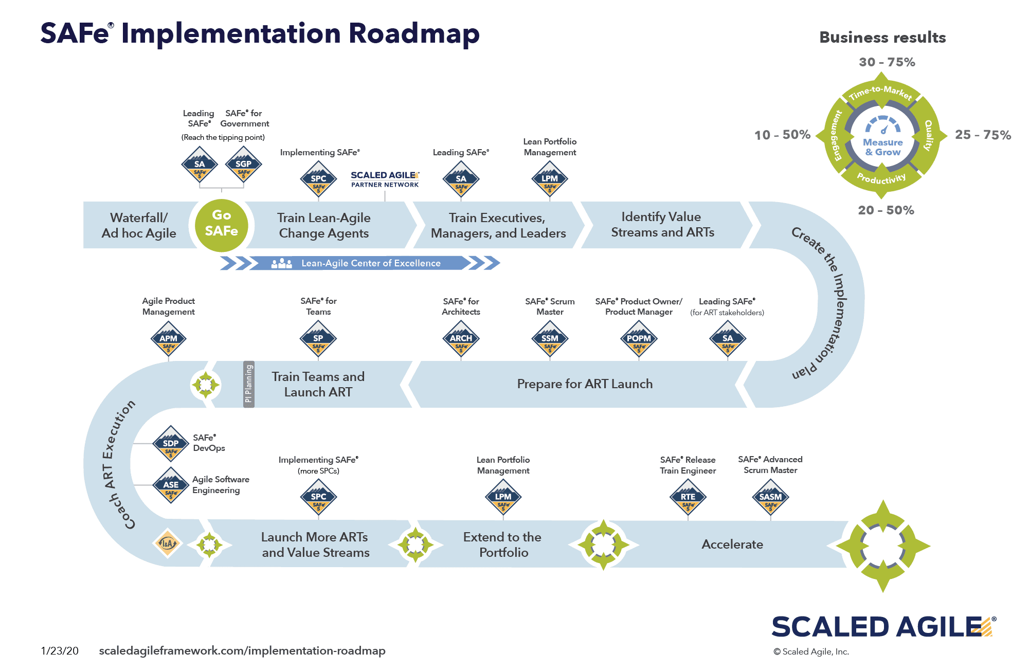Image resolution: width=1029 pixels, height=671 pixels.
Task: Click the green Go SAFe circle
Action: (222, 225)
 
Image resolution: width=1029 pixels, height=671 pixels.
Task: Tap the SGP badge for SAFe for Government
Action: (243, 165)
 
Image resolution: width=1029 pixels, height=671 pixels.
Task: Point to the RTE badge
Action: (688, 497)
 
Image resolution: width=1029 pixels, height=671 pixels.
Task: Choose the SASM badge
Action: (770, 497)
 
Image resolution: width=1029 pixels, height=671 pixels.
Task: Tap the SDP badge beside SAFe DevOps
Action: (171, 444)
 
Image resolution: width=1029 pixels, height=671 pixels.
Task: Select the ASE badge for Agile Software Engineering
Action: (171, 485)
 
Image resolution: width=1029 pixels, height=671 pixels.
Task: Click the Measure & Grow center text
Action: (882, 147)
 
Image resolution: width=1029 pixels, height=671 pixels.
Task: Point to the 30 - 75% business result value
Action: (887, 62)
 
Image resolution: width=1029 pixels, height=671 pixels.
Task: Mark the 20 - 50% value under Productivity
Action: (886, 210)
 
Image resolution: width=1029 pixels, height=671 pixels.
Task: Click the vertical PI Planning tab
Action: (249, 384)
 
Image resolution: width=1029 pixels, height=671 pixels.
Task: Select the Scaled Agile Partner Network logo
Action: (385, 179)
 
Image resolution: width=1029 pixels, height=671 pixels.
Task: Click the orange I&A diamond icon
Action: (168, 543)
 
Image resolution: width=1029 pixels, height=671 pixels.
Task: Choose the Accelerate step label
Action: (732, 545)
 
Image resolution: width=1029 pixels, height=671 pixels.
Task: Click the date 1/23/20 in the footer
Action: (60, 651)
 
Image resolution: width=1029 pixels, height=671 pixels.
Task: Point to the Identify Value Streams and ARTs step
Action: (662, 225)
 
